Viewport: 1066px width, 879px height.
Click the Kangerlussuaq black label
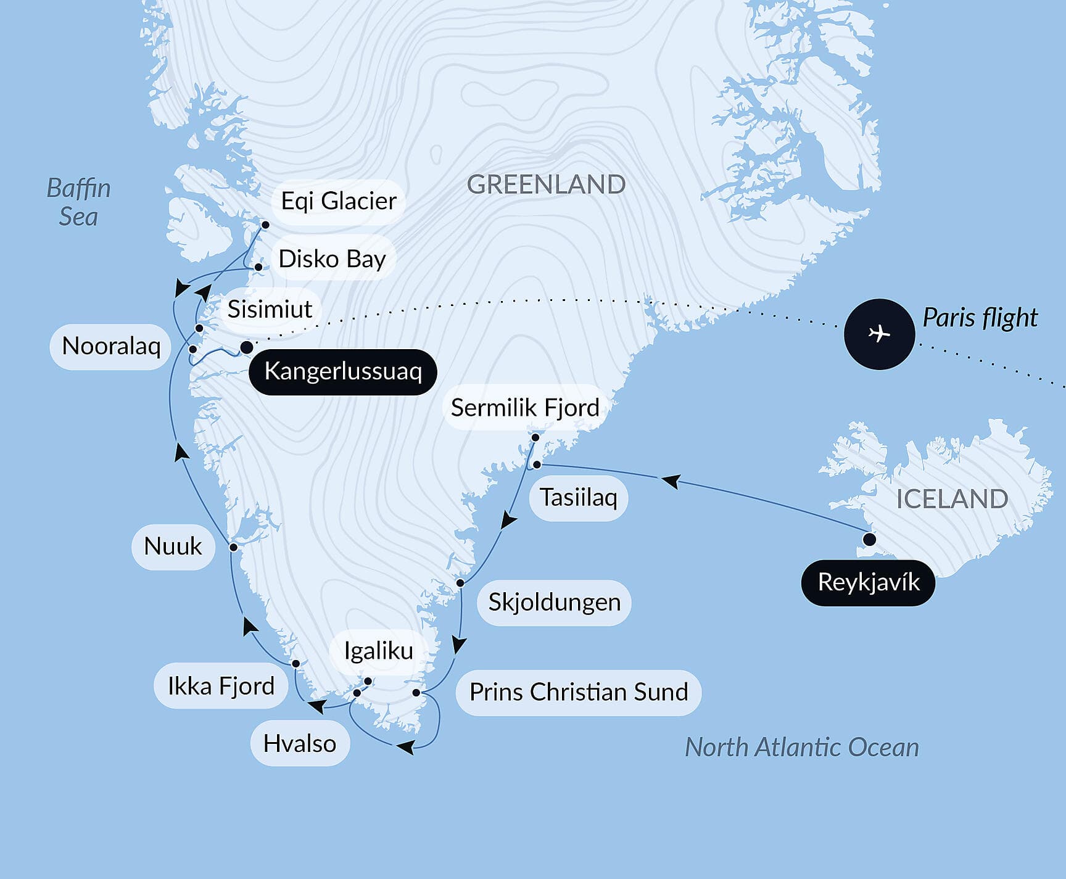(x=342, y=371)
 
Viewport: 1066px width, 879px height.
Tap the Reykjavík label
(x=868, y=582)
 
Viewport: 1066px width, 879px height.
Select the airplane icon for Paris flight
(x=879, y=334)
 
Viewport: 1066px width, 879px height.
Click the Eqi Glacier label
(x=338, y=201)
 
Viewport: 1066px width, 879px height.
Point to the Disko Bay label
(x=332, y=258)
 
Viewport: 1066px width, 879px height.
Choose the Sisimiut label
(x=270, y=308)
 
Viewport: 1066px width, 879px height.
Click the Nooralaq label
(x=111, y=346)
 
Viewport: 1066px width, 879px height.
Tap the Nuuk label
(x=173, y=546)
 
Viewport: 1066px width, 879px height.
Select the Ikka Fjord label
(x=221, y=686)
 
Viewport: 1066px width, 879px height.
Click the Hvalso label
(x=300, y=743)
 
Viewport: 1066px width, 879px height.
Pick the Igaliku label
(x=378, y=650)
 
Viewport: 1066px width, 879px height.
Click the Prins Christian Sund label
(x=578, y=692)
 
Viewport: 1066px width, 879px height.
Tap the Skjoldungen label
(x=554, y=602)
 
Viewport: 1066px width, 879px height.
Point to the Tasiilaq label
(x=578, y=497)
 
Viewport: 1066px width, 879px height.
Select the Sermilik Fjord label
(x=525, y=408)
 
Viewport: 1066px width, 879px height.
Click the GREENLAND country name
(x=546, y=184)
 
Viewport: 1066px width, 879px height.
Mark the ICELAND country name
(x=952, y=498)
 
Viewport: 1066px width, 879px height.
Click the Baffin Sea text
(x=78, y=202)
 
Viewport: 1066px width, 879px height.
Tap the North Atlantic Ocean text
(x=801, y=747)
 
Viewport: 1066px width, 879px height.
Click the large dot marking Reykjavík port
(x=869, y=540)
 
